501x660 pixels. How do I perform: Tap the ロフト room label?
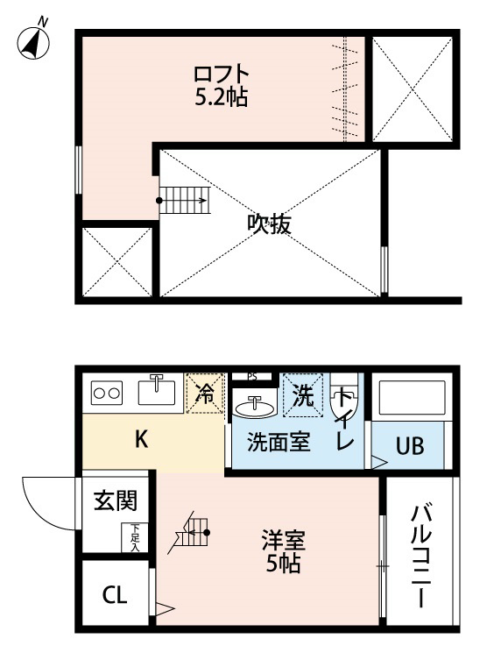pyautogui.click(x=222, y=72)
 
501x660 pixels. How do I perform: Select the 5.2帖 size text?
pyautogui.click(x=222, y=96)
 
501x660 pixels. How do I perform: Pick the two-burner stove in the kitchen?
pyautogui.click(x=108, y=394)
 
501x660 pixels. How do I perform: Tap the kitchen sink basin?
pyautogui.click(x=156, y=391)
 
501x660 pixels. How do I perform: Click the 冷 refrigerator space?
pyautogui.click(x=205, y=394)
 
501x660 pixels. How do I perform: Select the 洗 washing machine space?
pyautogui.click(x=303, y=395)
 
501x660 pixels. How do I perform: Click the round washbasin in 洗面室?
pyautogui.click(x=256, y=407)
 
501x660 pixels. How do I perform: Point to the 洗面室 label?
pyautogui.click(x=278, y=443)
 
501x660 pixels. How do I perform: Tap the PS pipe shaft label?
pyautogui.click(x=252, y=376)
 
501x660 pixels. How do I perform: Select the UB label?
pyautogui.click(x=409, y=446)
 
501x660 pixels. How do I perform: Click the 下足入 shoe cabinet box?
pyautogui.click(x=135, y=537)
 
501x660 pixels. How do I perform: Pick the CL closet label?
pyautogui.click(x=115, y=596)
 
